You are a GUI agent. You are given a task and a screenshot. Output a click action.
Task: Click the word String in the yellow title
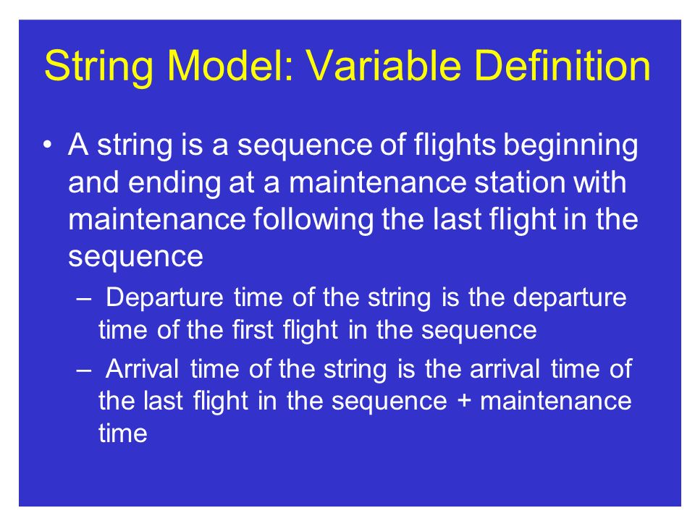coord(98,67)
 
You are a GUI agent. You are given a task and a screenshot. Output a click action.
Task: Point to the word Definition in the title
coord(563,66)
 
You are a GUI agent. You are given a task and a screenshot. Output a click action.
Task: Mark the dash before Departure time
coord(83,298)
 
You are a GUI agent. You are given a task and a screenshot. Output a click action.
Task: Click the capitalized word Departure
coord(164,298)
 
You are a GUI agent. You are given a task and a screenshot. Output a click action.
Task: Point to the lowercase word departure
coord(570,298)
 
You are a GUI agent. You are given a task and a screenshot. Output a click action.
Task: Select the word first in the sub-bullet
coord(252,330)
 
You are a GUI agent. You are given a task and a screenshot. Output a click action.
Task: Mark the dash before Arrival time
coord(83,370)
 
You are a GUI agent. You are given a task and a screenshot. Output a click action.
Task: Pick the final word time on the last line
coord(123,433)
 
